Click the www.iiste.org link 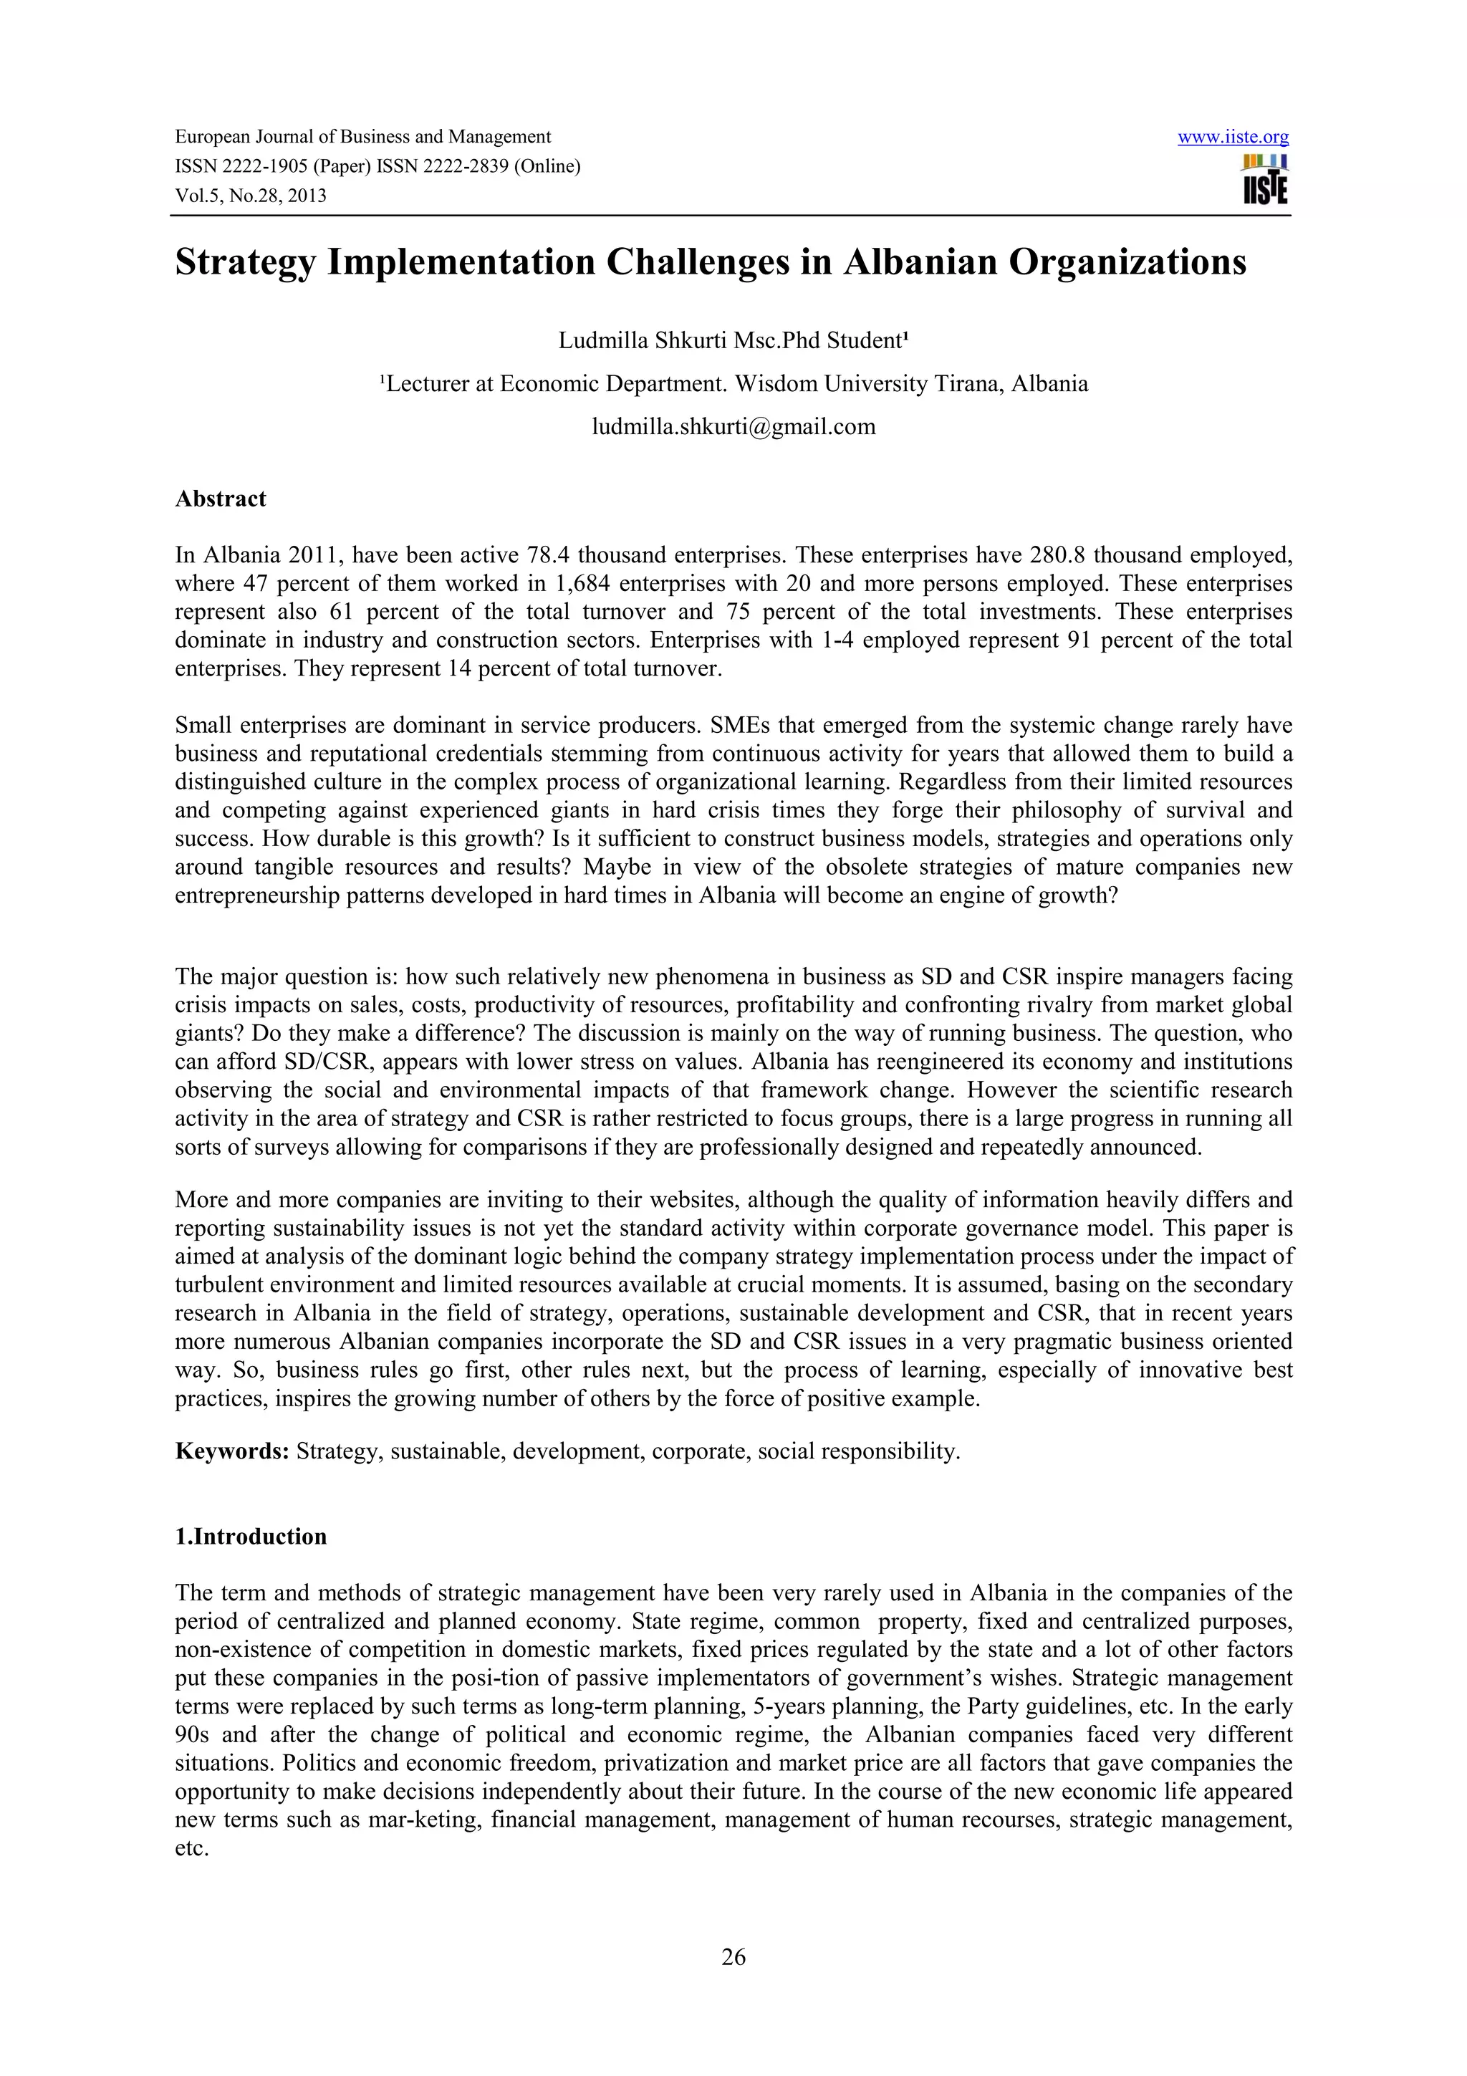pos(1233,138)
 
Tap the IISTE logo pos(1266,180)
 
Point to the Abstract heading pos(221,499)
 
